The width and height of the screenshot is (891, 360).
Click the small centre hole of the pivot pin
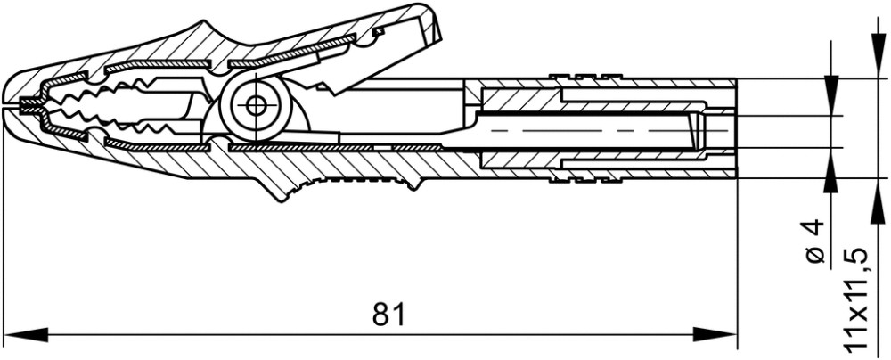click(257, 104)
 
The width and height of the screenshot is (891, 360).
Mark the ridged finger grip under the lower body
click(356, 185)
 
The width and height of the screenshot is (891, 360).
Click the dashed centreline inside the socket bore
click(579, 130)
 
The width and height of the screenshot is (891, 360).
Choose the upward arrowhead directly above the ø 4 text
click(830, 169)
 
